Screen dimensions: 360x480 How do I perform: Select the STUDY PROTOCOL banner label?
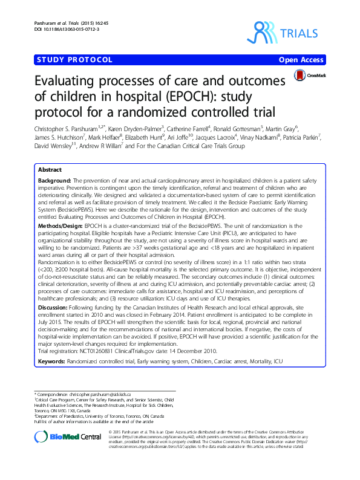[x=75, y=60]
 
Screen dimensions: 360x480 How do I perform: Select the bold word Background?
[x=53, y=181]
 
